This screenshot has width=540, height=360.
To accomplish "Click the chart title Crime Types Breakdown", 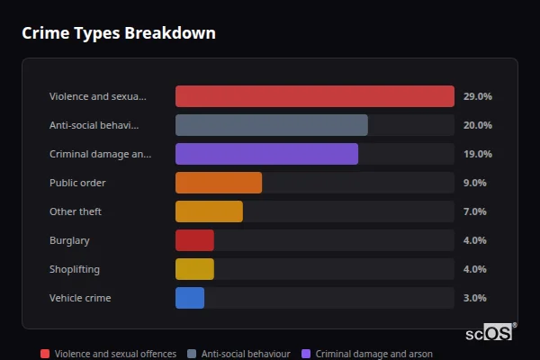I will point(118,33).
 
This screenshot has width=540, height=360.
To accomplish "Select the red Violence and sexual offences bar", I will point(314,96).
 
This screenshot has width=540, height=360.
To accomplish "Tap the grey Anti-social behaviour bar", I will point(271,125).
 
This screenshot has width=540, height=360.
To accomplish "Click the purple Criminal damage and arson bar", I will point(266,154).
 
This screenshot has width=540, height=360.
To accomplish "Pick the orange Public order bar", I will point(219,183).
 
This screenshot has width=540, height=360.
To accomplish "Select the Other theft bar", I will point(209,211).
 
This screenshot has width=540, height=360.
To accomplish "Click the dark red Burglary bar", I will point(194,240).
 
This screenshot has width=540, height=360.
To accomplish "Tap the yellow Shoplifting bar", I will point(194,269).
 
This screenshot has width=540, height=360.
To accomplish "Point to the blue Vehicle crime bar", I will point(190,298).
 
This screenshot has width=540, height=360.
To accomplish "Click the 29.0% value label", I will point(477,96).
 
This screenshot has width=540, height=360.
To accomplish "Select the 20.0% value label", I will point(477,125).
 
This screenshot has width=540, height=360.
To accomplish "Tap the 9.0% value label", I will point(474,183).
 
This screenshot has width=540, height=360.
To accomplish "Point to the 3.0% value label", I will point(474,298).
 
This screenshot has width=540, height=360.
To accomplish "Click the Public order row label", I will point(77,183).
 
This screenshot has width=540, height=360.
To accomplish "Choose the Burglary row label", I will point(69,240).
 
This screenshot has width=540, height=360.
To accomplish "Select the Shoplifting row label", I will point(75,269).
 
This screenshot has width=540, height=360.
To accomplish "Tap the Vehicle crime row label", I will point(80,298).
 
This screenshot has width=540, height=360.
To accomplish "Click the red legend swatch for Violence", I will point(45,354).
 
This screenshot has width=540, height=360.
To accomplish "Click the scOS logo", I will point(490,332).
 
